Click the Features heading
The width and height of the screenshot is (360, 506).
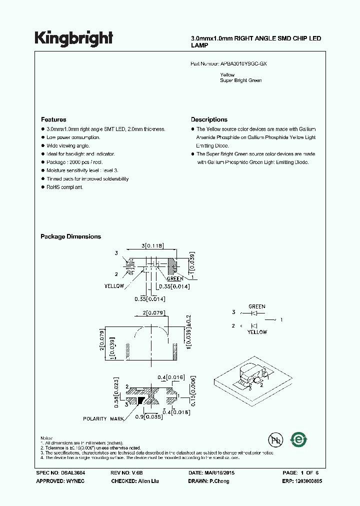pos(53,119)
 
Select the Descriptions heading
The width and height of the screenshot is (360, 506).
pos(209,119)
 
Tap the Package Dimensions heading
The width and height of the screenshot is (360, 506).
pos(70,236)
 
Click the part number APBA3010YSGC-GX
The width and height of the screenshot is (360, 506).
pos(247,64)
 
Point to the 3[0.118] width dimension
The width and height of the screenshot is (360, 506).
pos(153,246)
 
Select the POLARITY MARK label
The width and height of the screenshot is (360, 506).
pos(102,418)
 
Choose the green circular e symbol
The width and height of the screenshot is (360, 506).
pos(299,439)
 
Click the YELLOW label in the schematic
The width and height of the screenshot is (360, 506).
pos(257,332)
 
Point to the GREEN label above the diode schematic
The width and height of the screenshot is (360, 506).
pos(257,306)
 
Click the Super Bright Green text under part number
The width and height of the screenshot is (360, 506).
pos(240,80)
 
